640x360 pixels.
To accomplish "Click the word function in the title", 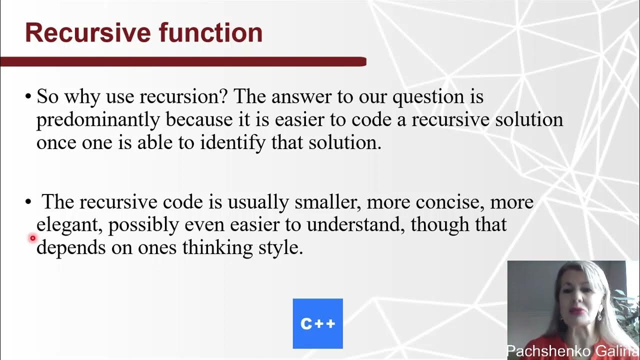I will pyautogui.click(x=210, y=33).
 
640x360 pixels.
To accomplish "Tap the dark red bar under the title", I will pyautogui.click(x=183, y=61).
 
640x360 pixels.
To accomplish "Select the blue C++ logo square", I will pyautogui.click(x=317, y=323).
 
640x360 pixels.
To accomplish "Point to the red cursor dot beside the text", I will pyautogui.click(x=32, y=238).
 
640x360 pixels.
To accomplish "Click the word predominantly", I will pyautogui.click(x=98, y=120).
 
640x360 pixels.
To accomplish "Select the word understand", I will pyautogui.click(x=355, y=225).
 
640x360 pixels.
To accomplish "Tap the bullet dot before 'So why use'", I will pyautogui.click(x=28, y=97).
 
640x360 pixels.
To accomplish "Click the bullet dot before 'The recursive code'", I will pyautogui.click(x=28, y=202).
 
